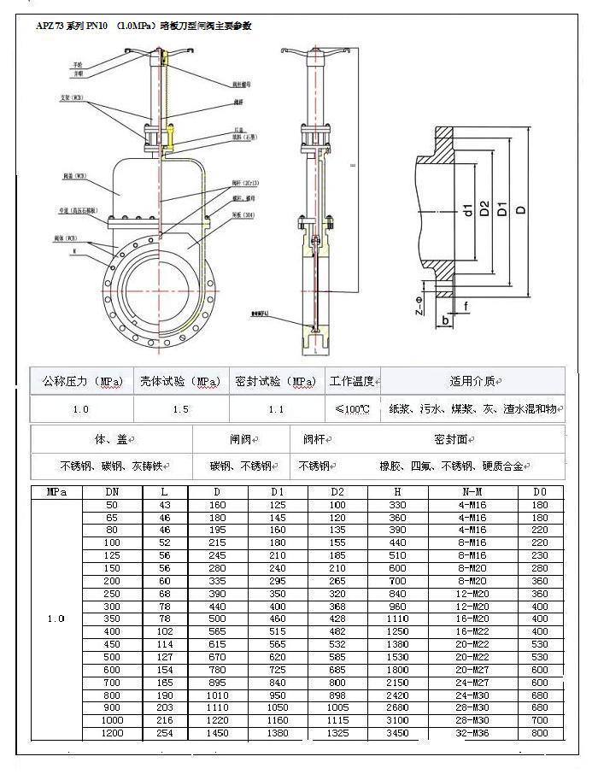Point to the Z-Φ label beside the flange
click(x=419, y=306)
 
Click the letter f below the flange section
click(x=466, y=305)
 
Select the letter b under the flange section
click(x=446, y=320)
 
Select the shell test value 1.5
click(x=180, y=409)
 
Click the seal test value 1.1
click(x=276, y=409)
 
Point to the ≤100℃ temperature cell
click(x=352, y=409)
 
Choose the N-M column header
click(x=472, y=493)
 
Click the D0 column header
click(x=542, y=493)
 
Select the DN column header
click(x=112, y=493)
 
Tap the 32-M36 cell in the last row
click(x=472, y=733)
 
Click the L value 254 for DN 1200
click(x=165, y=733)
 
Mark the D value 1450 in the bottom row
click(x=218, y=733)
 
